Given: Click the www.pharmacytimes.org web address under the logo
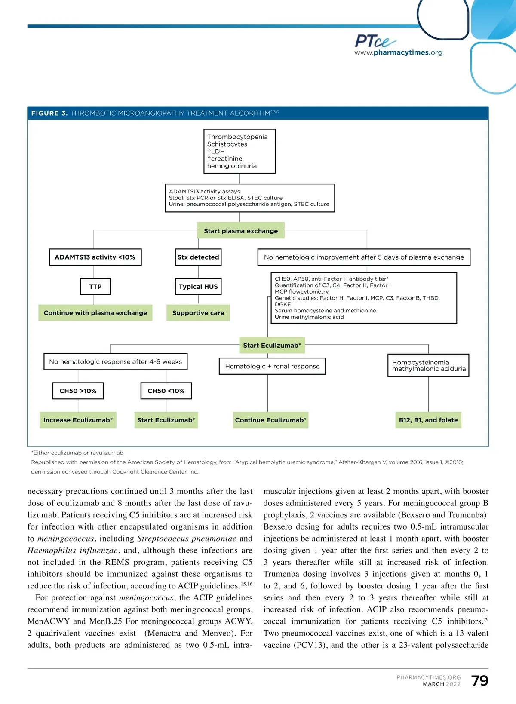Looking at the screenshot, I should coord(398,53).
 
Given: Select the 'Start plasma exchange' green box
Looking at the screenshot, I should coord(241,231).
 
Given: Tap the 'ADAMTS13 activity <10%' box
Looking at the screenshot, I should coord(95,257).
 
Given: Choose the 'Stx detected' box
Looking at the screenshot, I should coord(198,257).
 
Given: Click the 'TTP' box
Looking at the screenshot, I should coord(95,287).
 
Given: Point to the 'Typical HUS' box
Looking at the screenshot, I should coord(198,287).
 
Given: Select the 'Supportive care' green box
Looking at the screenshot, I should coord(198,313).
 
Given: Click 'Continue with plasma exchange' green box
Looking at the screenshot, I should coord(95,313).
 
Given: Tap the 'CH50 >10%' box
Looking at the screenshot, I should coord(78,391).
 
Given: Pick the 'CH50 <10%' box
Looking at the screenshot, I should coord(166,391).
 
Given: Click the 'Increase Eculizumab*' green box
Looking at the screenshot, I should coord(78,420).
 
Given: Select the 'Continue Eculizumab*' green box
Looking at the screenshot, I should coord(271,420).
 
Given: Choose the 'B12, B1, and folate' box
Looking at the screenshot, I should coord(428,420).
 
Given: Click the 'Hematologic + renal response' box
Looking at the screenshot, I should coord(272,366).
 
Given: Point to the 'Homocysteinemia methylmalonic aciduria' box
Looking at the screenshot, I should coord(428,365).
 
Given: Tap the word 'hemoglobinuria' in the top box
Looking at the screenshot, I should coord(232,166).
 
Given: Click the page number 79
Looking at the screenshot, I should coord(479,681).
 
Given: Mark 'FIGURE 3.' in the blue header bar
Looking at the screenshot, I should coord(49,113).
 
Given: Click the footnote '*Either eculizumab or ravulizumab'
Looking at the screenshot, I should coord(77,453).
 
